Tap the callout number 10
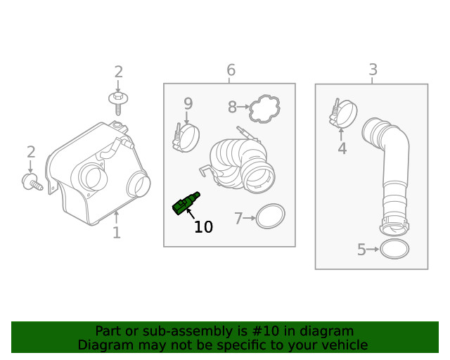click(202, 227)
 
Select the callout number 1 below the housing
click(117, 233)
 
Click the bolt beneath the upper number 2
click(118, 101)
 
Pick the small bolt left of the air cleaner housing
click(32, 184)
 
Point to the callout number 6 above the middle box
click(231, 70)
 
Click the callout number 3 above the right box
click(373, 70)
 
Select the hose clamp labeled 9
click(186, 136)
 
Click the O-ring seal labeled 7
click(270, 217)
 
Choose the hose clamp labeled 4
click(343, 114)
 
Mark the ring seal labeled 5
click(394, 249)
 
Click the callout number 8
click(232, 108)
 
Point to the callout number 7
click(238, 219)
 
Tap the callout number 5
click(361, 250)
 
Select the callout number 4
click(342, 149)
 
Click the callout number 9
click(188, 104)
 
